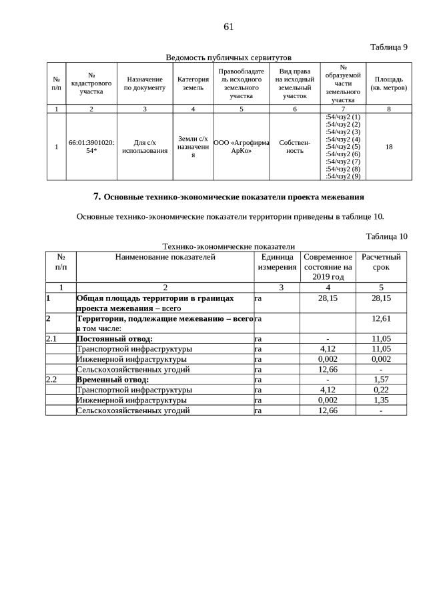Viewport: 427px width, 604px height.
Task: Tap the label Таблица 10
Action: (x=386, y=236)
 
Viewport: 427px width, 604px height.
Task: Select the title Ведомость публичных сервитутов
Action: (x=228, y=57)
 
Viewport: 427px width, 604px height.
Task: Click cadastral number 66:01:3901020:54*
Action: (x=91, y=147)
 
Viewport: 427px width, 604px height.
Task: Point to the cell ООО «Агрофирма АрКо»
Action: (x=241, y=147)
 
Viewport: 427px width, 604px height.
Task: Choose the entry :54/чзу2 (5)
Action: (x=342, y=147)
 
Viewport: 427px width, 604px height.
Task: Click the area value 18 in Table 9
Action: (x=388, y=147)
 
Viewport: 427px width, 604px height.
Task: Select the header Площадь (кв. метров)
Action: (x=388, y=83)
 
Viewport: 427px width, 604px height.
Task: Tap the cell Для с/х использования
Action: (x=145, y=147)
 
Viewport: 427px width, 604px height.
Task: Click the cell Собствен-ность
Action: (x=294, y=147)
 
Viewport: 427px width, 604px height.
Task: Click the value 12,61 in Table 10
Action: (x=380, y=319)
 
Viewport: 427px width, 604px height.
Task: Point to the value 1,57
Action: (x=380, y=379)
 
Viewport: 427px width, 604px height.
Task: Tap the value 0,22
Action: (x=380, y=390)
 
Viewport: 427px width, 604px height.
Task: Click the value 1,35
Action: (x=380, y=400)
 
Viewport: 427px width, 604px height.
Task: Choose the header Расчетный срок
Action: (x=380, y=262)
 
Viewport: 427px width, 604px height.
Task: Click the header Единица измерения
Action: (x=277, y=262)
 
